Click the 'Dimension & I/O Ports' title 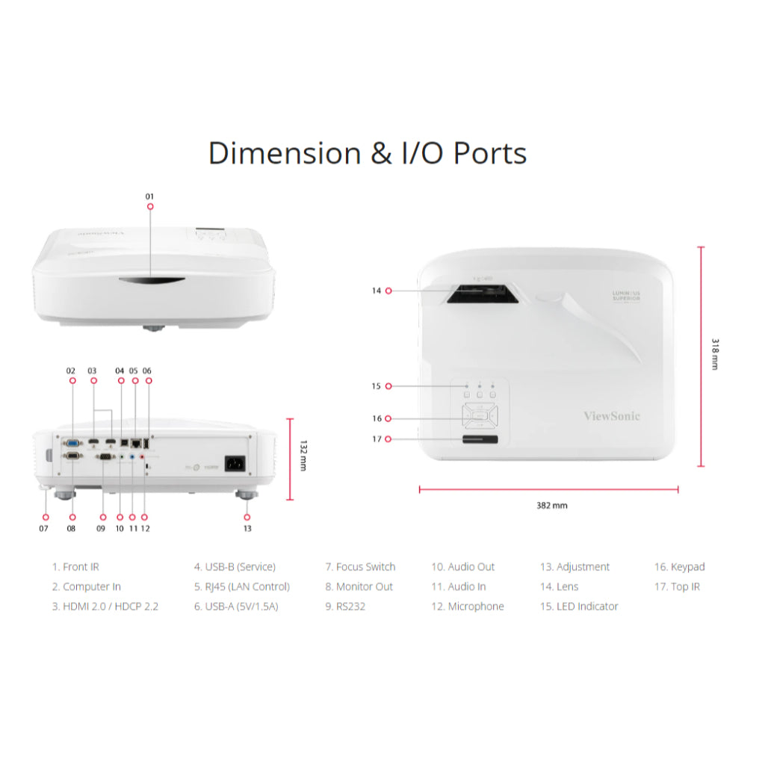tap(368, 153)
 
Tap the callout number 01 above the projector tap(149, 196)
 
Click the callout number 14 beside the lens tap(377, 291)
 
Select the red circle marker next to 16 tap(388, 419)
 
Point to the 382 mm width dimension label tap(551, 506)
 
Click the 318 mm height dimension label tap(715, 356)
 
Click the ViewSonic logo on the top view tap(611, 416)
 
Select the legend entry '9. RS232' tap(345, 607)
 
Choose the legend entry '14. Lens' tap(559, 587)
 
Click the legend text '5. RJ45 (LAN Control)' tap(241, 587)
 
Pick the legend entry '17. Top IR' tap(677, 587)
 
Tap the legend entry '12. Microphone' tap(467, 607)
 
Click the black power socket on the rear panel tap(235, 464)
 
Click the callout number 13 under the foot tap(247, 528)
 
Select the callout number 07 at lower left tap(44, 528)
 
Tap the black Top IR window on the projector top tap(481, 440)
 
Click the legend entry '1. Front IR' tap(75, 567)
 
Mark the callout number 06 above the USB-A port tap(146, 371)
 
